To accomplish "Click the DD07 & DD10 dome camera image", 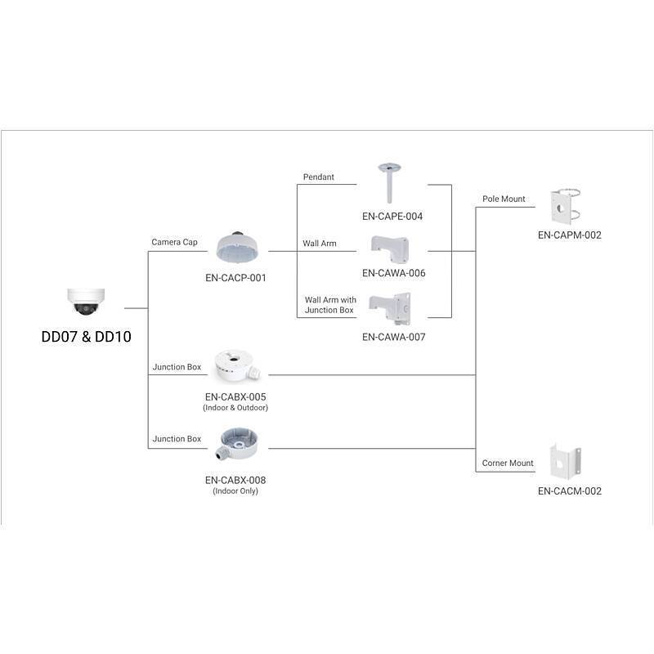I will [86, 303].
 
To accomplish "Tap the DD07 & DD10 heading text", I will [86, 336].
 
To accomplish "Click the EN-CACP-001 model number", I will [235, 277].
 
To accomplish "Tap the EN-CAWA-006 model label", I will [394, 273].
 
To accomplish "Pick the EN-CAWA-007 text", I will [394, 336].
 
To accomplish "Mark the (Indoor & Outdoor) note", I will [235, 407].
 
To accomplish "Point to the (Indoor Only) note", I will [235, 491].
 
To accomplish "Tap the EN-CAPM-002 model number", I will [570, 235].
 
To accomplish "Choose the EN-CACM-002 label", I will [570, 491].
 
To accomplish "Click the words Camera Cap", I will [175, 242].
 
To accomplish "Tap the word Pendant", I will [319, 177].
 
